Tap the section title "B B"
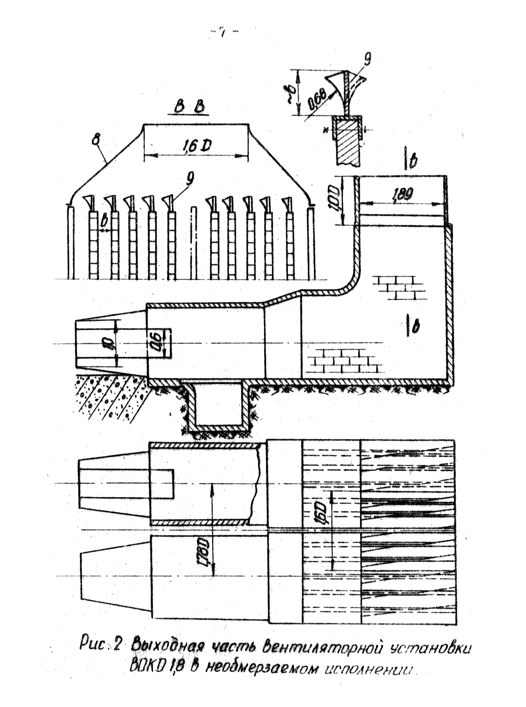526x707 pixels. click(x=189, y=107)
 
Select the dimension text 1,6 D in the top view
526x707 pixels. click(x=197, y=146)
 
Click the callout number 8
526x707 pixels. click(x=95, y=140)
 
